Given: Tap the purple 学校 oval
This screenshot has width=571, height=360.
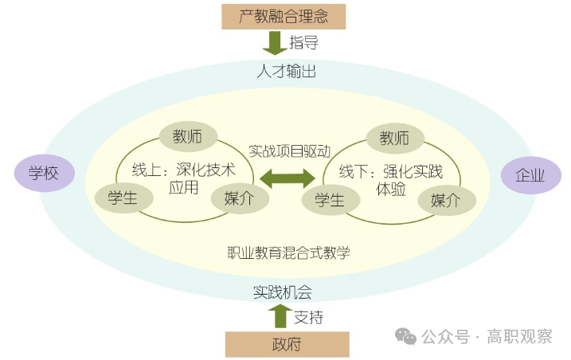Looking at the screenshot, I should (44, 173).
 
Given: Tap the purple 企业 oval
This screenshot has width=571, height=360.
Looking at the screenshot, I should (530, 175).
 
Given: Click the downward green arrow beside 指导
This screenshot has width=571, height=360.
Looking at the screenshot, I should (274, 41).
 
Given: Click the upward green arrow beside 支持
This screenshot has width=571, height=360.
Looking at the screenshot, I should (280, 316).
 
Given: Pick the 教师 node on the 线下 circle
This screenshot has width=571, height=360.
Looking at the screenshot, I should (394, 139).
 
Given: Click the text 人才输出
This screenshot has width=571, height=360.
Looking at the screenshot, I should (286, 72).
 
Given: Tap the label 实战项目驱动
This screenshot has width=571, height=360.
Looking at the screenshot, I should (288, 150).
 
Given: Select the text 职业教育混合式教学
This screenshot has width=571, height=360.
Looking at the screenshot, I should (288, 252).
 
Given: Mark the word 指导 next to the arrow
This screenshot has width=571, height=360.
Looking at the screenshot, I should (304, 41).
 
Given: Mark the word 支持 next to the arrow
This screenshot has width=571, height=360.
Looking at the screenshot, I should (309, 317).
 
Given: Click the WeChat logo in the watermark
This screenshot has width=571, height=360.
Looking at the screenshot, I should (407, 337).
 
